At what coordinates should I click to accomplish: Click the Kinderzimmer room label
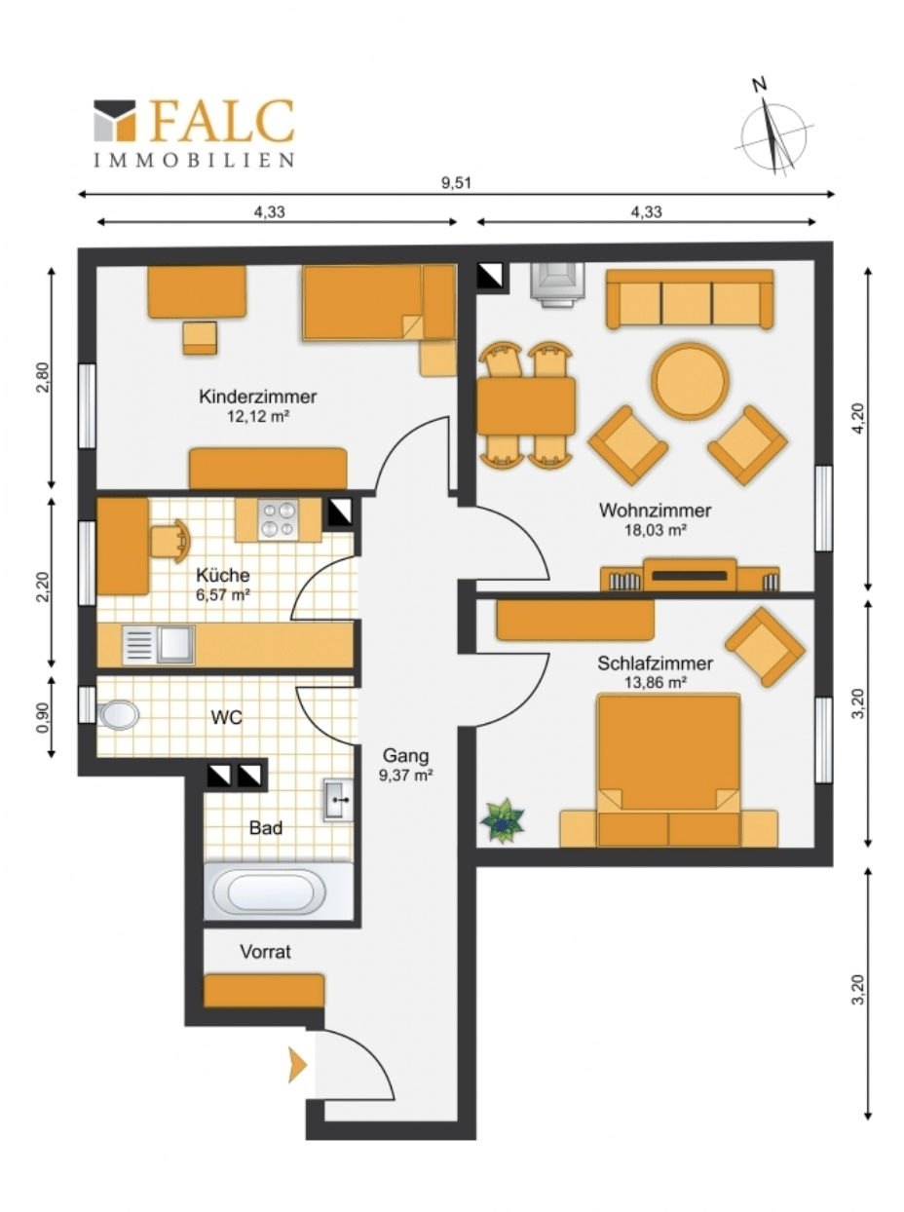click(x=258, y=397)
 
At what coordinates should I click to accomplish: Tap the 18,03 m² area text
click(x=655, y=531)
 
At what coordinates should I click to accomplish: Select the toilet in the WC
click(x=118, y=715)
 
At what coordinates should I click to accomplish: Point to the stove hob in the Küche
click(x=279, y=519)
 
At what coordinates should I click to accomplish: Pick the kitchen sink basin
click(x=175, y=644)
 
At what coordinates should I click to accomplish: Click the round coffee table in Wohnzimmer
click(x=690, y=381)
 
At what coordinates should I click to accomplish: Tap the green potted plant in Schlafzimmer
click(x=502, y=821)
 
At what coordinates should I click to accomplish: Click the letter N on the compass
click(x=760, y=85)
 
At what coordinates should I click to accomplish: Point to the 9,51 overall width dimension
click(x=456, y=183)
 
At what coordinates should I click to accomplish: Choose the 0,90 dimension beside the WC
click(x=44, y=717)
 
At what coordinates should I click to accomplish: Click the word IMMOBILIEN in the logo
click(x=193, y=160)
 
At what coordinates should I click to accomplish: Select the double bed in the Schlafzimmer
click(x=668, y=771)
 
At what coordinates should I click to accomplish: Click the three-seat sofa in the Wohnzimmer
click(x=690, y=299)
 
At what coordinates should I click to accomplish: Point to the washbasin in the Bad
click(x=338, y=800)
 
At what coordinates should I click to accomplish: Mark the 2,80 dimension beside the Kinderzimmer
click(x=44, y=377)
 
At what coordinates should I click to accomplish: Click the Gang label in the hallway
click(x=405, y=755)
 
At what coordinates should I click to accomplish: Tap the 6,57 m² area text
click(x=223, y=595)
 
